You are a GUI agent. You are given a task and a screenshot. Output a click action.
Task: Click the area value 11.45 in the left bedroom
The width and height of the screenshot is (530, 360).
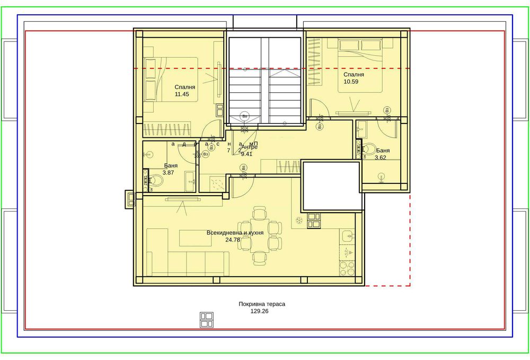click(182, 94)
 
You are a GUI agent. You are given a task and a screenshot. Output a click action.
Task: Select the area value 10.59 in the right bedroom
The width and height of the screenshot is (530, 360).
click(351, 82)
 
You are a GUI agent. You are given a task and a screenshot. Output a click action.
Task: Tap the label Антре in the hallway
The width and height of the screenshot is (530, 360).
click(249, 147)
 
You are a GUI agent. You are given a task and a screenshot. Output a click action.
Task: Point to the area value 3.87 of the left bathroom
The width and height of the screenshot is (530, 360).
click(169, 173)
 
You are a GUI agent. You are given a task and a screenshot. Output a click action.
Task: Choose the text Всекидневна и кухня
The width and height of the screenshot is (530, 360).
click(235, 233)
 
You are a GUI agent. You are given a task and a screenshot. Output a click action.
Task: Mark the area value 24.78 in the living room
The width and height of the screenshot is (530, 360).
click(233, 240)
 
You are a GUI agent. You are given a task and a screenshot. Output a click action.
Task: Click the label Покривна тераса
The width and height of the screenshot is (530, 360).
click(262, 304)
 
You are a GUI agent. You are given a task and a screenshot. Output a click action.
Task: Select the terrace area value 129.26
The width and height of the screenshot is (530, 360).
click(261, 312)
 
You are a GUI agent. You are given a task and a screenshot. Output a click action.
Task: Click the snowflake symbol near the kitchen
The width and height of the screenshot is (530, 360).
click(298, 220)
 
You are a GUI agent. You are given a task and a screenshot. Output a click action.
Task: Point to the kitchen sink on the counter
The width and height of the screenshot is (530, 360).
click(348, 235)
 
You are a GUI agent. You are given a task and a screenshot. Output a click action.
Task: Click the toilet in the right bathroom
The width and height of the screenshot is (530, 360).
click(369, 150)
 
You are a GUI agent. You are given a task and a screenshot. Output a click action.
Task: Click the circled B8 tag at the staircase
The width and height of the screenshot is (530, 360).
click(244, 115)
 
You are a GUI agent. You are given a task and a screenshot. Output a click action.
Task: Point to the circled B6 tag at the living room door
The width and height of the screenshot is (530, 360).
click(243, 168)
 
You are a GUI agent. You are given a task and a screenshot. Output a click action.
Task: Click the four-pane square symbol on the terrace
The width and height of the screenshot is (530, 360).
click(206, 319)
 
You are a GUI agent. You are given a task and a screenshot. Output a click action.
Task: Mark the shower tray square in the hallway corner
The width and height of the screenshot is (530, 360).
click(216, 183)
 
